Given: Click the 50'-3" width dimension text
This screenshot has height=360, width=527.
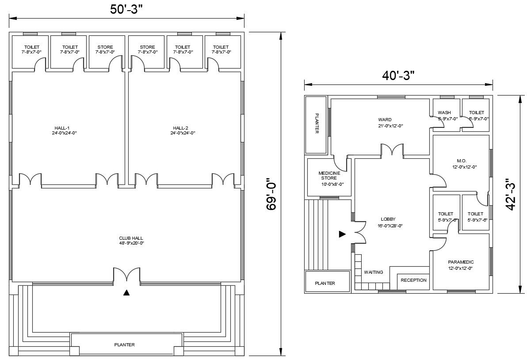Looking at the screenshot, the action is point(126,9).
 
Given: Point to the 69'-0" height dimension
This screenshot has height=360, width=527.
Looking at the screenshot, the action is point(271,196).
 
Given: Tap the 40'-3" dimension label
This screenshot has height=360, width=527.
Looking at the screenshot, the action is point(398,76).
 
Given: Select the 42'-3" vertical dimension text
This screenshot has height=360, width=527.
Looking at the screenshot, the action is point(511,194).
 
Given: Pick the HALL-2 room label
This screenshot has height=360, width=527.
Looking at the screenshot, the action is point(180,128).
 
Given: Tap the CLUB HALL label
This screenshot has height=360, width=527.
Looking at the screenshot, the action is point(131,238).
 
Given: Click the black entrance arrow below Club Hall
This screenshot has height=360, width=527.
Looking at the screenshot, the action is point(126,292).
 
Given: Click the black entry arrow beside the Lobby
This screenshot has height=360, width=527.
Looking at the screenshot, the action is point(342,234).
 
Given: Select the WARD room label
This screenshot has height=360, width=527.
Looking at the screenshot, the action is point(385,120).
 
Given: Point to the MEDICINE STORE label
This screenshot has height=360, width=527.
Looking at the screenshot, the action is point(329,176).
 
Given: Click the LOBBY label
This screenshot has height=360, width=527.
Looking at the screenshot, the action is point(388,219).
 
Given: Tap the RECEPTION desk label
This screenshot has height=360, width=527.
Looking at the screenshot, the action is point(413,280).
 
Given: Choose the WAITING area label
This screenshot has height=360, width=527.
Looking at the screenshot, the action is point(374,272).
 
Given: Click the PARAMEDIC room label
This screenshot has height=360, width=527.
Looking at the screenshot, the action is point(461,262).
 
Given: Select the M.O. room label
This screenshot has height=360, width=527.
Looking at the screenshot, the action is point(462,161).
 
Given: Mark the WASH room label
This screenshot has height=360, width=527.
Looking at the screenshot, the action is point(444,113).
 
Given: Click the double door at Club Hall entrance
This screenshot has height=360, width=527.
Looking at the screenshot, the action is point(126,274).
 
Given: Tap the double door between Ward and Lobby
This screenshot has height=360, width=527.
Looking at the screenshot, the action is point(392,150).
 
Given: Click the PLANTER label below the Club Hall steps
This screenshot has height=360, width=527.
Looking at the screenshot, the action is point(124,345).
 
